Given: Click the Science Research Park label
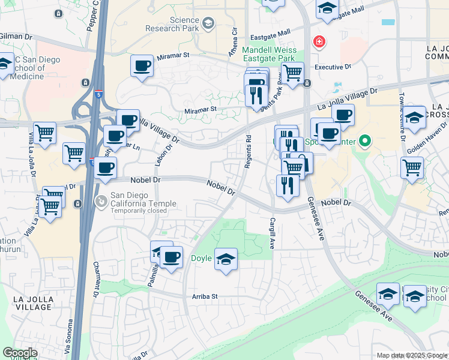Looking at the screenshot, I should [175, 24].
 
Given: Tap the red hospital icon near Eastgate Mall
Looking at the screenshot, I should [319, 41].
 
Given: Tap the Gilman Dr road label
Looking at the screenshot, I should [16, 37].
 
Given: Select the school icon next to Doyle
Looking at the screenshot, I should [226, 259].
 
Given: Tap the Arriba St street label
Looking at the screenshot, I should [204, 296].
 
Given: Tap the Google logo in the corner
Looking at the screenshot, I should [20, 353].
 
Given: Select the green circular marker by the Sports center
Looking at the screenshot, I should [363, 142].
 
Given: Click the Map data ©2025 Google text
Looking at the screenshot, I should [411, 355].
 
